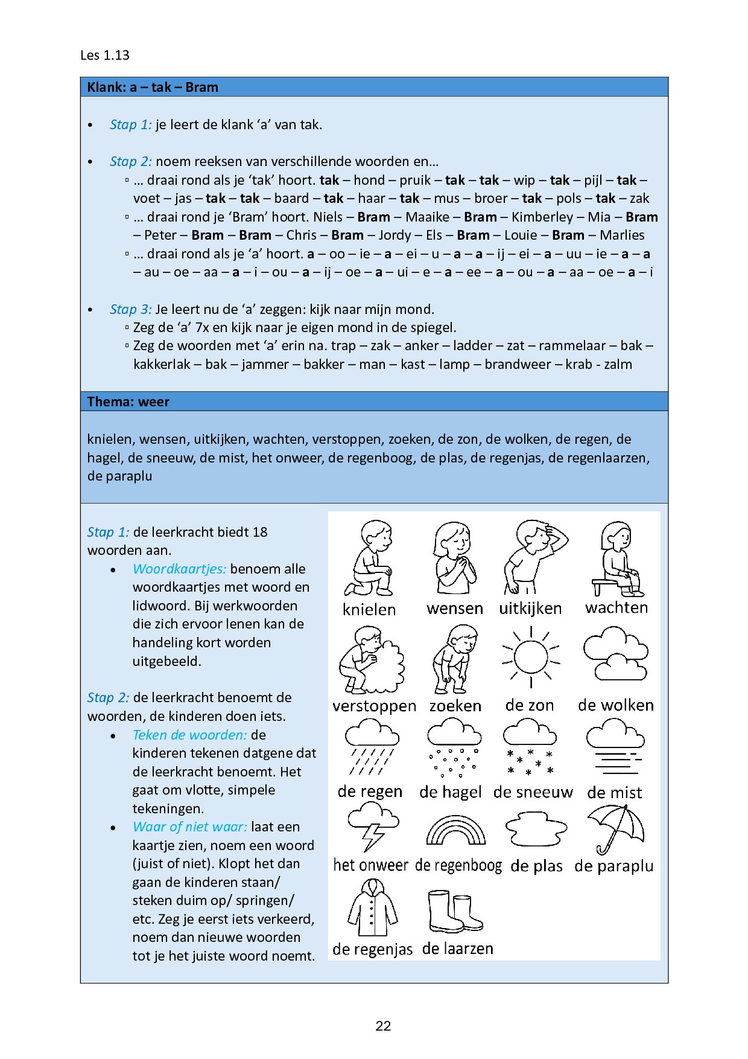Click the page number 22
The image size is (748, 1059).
[383, 1026]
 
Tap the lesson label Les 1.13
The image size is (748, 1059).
[105, 55]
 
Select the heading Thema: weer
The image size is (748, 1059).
[128, 402]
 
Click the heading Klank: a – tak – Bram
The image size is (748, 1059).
[153, 87]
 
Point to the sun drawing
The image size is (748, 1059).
[531, 657]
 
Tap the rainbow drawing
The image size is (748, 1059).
[455, 830]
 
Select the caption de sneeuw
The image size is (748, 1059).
[533, 792]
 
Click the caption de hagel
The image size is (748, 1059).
[451, 792]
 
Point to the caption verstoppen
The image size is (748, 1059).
[374, 706]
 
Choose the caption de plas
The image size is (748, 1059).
[536, 866]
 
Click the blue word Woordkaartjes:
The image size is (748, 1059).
[180, 569]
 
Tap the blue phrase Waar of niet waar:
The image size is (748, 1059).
[190, 827]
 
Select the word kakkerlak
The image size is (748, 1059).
[162, 364]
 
